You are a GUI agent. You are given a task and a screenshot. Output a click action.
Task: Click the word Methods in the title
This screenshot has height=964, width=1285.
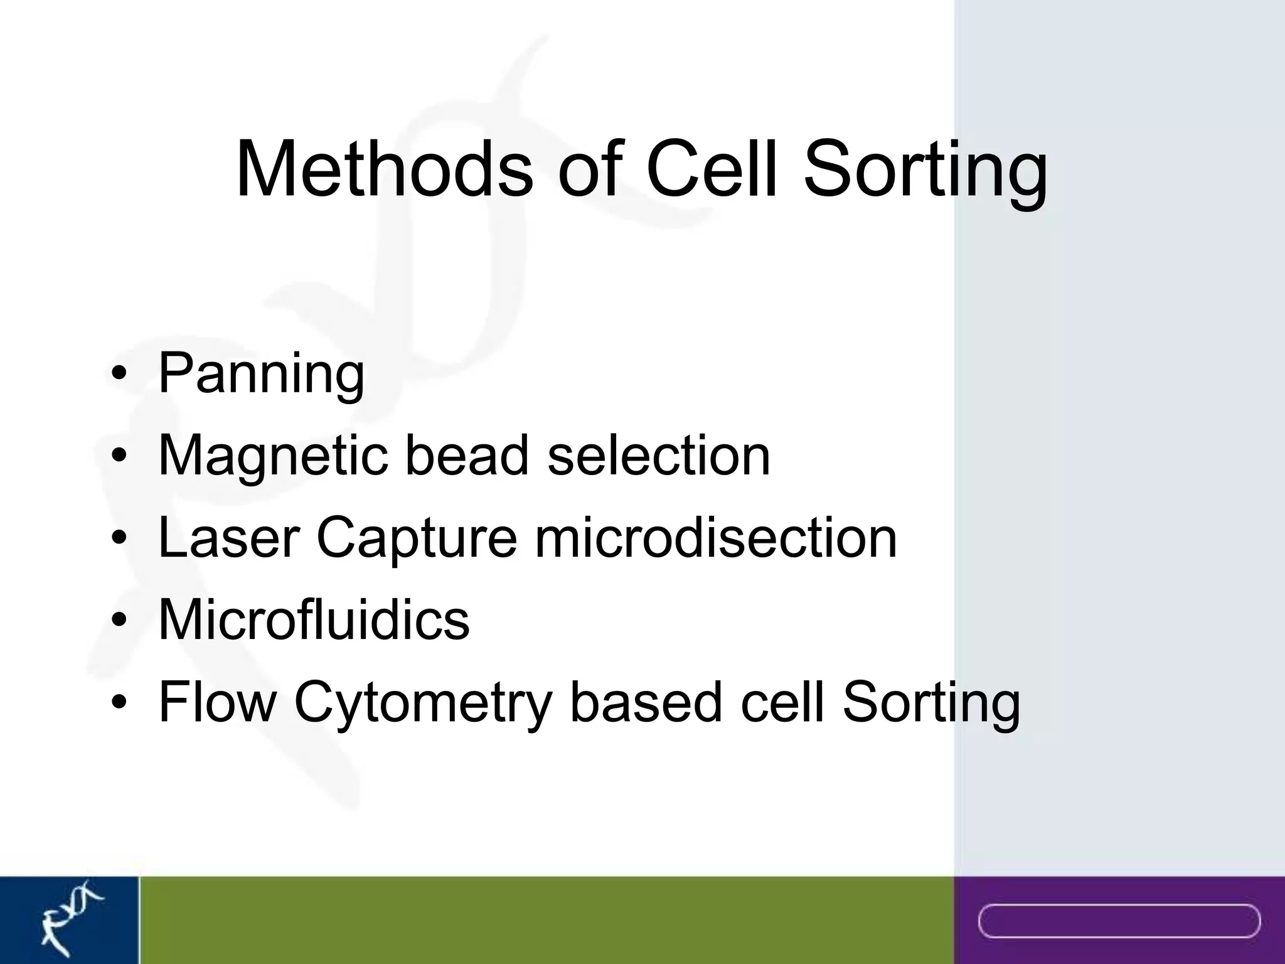[384, 169]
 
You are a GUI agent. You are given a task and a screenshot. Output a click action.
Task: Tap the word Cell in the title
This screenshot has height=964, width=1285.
[715, 169]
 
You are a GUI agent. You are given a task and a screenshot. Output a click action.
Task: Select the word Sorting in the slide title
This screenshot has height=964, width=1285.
[925, 173]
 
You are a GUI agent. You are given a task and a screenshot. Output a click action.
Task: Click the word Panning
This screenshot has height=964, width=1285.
[261, 375]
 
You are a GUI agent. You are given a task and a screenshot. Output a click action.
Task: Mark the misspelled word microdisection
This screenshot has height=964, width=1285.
[715, 538]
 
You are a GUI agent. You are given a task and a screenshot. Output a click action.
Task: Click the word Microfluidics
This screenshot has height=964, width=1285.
[314, 619]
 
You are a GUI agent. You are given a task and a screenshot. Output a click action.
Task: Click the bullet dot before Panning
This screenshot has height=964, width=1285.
[119, 375]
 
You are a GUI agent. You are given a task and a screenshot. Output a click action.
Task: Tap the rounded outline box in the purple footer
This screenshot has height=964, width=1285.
[1119, 921]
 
